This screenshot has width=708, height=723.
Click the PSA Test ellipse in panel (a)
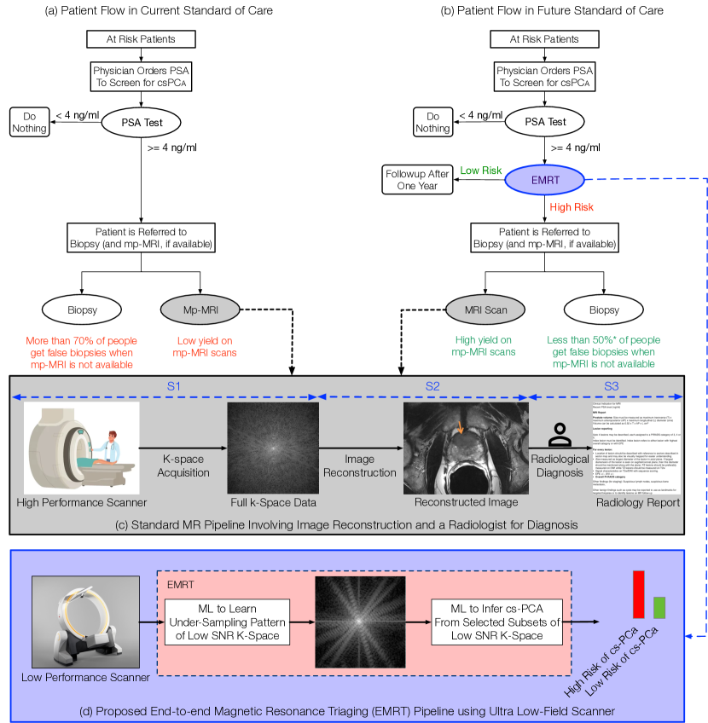142,122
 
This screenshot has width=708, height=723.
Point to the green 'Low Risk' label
481,171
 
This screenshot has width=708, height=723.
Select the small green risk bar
659,607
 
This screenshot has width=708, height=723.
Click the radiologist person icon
560,436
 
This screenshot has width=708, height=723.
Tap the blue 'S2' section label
433,387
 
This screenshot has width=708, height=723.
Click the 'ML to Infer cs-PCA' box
496,623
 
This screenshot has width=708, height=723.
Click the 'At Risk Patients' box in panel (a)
142,39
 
